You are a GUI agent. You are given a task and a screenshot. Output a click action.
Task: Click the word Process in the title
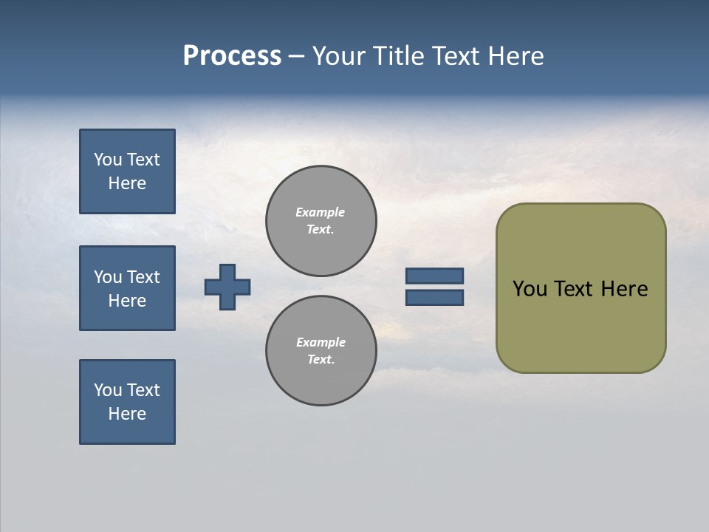point(232,56)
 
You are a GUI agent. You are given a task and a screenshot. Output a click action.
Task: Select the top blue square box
point(127,171)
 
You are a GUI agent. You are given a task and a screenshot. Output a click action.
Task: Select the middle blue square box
point(127,288)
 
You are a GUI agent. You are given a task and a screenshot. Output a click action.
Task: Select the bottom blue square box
point(127,402)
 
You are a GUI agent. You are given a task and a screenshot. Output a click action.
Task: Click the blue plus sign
point(227,287)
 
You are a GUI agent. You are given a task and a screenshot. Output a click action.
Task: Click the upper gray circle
point(321,221)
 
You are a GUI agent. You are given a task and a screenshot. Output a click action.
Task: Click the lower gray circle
point(321,351)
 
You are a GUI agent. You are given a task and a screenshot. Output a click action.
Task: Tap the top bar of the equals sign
point(434,276)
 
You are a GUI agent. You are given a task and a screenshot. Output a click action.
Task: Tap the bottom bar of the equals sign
point(434,298)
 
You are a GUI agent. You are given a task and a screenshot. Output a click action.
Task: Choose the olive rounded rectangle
point(580,325)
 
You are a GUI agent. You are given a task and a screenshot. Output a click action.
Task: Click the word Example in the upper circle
point(320,212)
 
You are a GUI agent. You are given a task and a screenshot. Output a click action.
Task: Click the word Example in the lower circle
point(321,342)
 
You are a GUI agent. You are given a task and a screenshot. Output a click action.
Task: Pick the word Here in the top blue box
point(127,183)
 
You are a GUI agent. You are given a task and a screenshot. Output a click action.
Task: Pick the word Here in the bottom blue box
point(127,414)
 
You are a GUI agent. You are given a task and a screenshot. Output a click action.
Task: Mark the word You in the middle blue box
point(108,277)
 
